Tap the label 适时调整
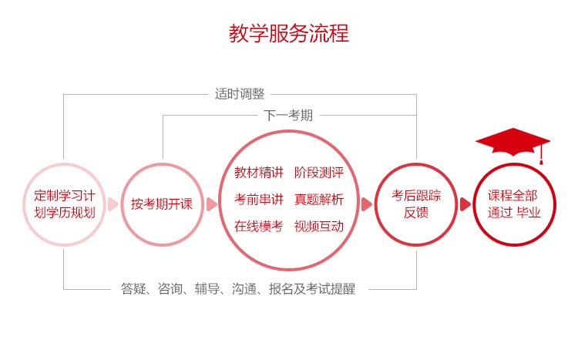pyautogui.click(x=239, y=94)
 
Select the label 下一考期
pyautogui.click(x=288, y=116)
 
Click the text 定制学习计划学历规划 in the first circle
pyautogui.click(x=65, y=204)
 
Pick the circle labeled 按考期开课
pyautogui.click(x=162, y=204)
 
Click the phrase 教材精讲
pyautogui.click(x=259, y=173)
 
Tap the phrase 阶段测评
pyautogui.click(x=319, y=173)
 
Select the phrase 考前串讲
pyautogui.click(x=259, y=200)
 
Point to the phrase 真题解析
pyautogui.click(x=319, y=200)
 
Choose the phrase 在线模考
pyautogui.click(x=259, y=227)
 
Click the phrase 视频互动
pyautogui.click(x=319, y=227)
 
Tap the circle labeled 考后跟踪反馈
pyautogui.click(x=416, y=204)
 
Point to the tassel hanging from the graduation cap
pyautogui.click(x=541, y=155)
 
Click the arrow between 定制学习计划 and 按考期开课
pyautogui.click(x=113, y=204)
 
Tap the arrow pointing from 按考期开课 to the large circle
pyautogui.click(x=211, y=204)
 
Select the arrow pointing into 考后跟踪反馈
pyautogui.click(x=367, y=204)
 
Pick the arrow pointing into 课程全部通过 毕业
pyautogui.click(x=465, y=204)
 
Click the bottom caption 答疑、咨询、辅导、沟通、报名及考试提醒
pyautogui.click(x=238, y=290)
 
